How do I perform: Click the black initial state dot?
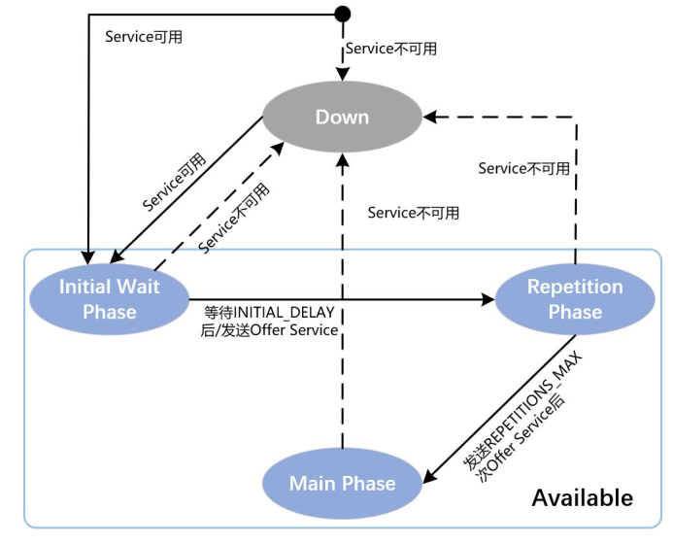pyautogui.click(x=342, y=14)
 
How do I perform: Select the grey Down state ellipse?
pyautogui.click(x=342, y=117)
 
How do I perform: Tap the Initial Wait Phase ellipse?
pyautogui.click(x=109, y=298)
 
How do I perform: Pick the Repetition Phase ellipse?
pyautogui.click(x=575, y=298)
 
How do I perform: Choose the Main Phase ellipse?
pyautogui.click(x=342, y=483)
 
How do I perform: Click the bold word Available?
pyautogui.click(x=582, y=497)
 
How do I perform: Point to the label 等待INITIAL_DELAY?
pyautogui.click(x=269, y=313)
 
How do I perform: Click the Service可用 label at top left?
pyautogui.click(x=143, y=37)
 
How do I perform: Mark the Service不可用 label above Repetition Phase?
pyautogui.click(x=523, y=168)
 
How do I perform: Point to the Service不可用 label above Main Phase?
pyautogui.click(x=413, y=213)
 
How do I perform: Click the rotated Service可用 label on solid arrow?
pyautogui.click(x=174, y=181)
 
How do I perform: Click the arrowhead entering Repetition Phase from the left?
pyautogui.click(x=490, y=298)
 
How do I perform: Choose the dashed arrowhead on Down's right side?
pyautogui.click(x=430, y=117)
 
